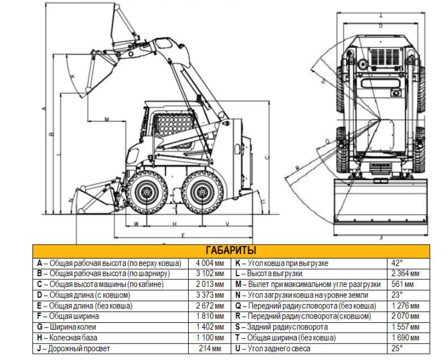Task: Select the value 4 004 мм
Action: [211, 263]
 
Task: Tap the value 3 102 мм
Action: [211, 274]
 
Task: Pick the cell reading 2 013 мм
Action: [211, 284]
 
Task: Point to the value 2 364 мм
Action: [405, 274]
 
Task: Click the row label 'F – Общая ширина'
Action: [68, 316]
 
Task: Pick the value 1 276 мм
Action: [405, 306]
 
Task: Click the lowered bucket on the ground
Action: [93, 199]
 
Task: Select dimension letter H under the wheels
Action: [175, 224]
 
